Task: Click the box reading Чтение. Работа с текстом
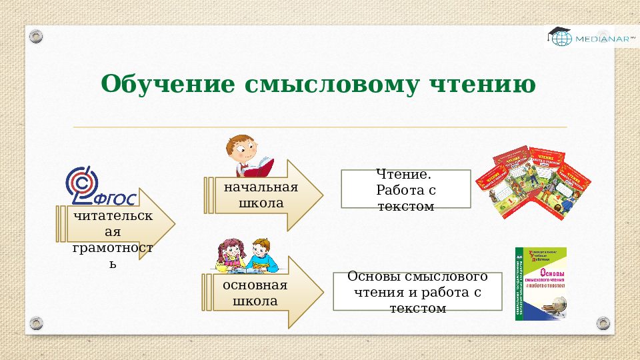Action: pyautogui.click(x=405, y=189)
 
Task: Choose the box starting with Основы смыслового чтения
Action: pyautogui.click(x=417, y=291)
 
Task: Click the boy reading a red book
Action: pyautogui.click(x=243, y=154)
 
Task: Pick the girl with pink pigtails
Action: pyautogui.click(x=233, y=256)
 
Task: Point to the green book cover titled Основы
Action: pyautogui.click(x=541, y=283)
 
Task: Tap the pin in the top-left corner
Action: pyautogui.click(x=36, y=35)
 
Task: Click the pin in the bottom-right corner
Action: pyautogui.click(x=603, y=323)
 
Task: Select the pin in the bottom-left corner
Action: pyautogui.click(x=36, y=323)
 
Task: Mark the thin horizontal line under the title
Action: pyautogui.click(x=320, y=127)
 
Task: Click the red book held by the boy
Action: pyautogui.click(x=263, y=163)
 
